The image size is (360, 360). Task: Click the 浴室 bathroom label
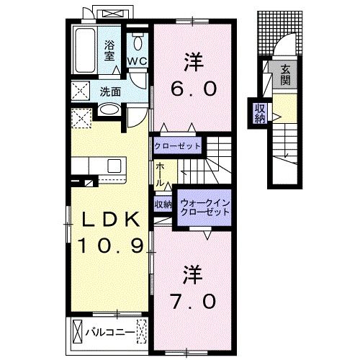click(x=110, y=50)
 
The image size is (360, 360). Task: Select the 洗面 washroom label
click(x=110, y=92)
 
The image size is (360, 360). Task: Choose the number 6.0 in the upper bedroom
click(x=192, y=89)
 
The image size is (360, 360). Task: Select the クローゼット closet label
click(x=176, y=145)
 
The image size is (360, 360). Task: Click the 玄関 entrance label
click(x=285, y=74)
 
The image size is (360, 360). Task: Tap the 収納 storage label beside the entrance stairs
click(x=259, y=113)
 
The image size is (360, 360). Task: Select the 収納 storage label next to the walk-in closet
click(x=163, y=204)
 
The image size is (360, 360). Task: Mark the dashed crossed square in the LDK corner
click(x=81, y=117)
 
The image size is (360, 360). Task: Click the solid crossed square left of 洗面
click(x=80, y=91)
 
